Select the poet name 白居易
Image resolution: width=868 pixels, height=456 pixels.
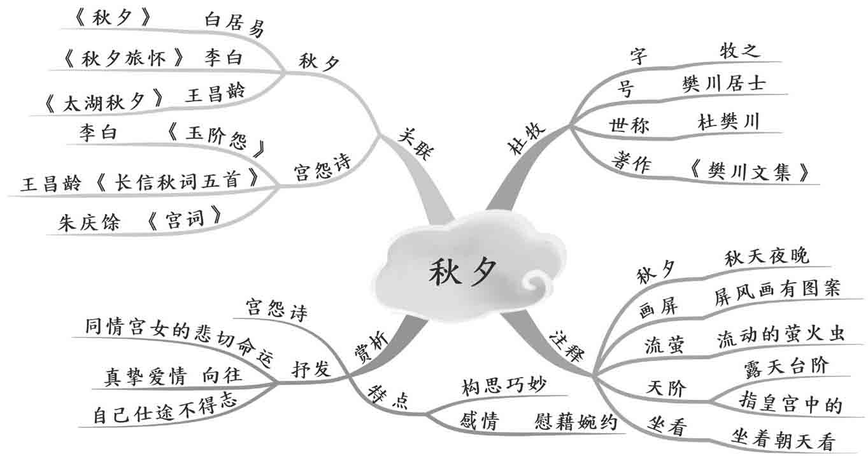[234, 25]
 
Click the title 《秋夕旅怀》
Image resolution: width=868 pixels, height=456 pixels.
[125, 58]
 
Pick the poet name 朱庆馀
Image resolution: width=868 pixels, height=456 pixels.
[89, 223]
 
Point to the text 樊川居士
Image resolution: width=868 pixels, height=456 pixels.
[723, 85]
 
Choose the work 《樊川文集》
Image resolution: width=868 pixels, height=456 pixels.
[751, 171]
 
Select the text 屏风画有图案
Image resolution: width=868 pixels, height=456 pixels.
[778, 294]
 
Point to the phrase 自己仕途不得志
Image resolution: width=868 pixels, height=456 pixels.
[165, 410]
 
